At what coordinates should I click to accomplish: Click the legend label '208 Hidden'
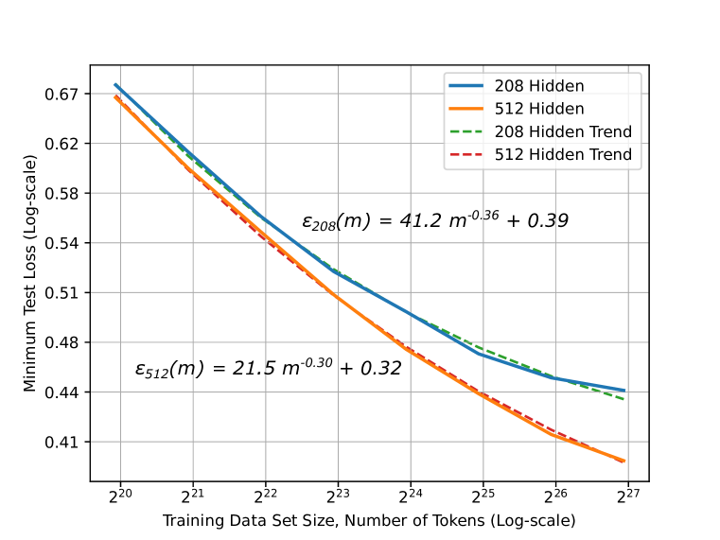pos(539,86)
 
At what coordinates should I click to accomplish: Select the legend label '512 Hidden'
pos(539,109)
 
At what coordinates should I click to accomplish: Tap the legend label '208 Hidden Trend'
pos(563,131)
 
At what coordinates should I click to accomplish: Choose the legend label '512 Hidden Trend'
pos(563,154)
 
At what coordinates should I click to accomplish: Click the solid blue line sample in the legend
pos(468,86)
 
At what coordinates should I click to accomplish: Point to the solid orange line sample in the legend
pos(468,109)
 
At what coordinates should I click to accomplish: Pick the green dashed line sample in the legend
pos(468,131)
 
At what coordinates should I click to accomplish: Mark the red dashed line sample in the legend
pos(468,154)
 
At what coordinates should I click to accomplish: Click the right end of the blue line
pos(625,390)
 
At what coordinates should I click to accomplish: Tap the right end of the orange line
pos(625,462)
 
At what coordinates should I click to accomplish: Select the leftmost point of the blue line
pos(114,84)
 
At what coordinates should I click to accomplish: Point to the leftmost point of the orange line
pos(114,96)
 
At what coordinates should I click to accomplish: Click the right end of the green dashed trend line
pos(625,400)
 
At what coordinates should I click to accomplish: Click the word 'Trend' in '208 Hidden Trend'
pos(609,131)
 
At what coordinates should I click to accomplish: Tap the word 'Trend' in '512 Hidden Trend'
pos(609,154)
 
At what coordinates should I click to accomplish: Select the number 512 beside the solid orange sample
pos(509,109)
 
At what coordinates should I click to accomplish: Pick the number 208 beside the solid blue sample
pos(509,86)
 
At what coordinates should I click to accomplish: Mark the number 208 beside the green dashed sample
pos(509,131)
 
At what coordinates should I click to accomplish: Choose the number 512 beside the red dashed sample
pos(509,154)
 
